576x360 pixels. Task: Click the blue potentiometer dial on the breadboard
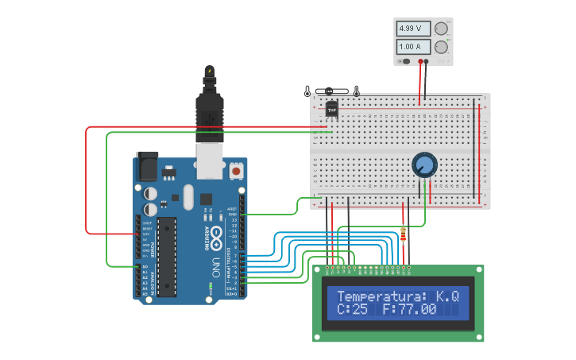[x=424, y=165]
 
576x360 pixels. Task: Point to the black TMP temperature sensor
[x=331, y=108]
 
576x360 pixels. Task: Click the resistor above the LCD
[x=404, y=234]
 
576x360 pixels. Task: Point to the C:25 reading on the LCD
[x=352, y=309]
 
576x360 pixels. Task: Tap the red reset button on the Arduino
[x=236, y=171]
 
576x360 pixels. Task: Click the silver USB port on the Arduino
[x=210, y=161]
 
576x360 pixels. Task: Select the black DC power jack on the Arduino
[x=148, y=166]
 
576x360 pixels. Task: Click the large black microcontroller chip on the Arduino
[x=166, y=257]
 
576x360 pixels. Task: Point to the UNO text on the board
[x=215, y=268]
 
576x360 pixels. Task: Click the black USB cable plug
[x=209, y=111]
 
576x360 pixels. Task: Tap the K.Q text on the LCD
[x=447, y=296]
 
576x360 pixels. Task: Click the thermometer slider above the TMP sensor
[x=331, y=91]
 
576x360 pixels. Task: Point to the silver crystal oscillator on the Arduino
[x=187, y=196]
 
